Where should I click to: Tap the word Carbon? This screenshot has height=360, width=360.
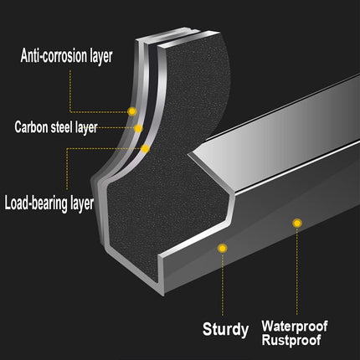pos(32,127)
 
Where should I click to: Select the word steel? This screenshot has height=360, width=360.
pos(62,127)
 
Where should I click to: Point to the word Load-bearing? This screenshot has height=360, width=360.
pos(36,203)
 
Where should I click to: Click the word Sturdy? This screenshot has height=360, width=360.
pos(225,330)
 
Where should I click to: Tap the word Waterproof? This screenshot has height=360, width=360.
pos(295,326)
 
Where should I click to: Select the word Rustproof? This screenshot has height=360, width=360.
pos(291,340)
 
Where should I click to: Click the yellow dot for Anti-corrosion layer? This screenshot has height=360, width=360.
pos(132,111)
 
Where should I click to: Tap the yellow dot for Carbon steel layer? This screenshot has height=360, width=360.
pos(138,129)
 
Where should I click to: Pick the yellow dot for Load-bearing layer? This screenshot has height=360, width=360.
pos(145,149)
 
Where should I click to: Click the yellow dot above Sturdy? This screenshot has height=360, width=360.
pos(223,248)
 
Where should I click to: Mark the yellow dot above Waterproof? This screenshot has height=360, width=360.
pos(297,223)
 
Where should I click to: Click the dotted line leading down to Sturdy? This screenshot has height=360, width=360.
pos(223,284)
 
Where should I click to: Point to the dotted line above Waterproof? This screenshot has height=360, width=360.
pos(297,270)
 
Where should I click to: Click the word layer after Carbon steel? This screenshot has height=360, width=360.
pos(86,127)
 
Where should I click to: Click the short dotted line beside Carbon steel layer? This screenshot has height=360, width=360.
pos(116,128)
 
